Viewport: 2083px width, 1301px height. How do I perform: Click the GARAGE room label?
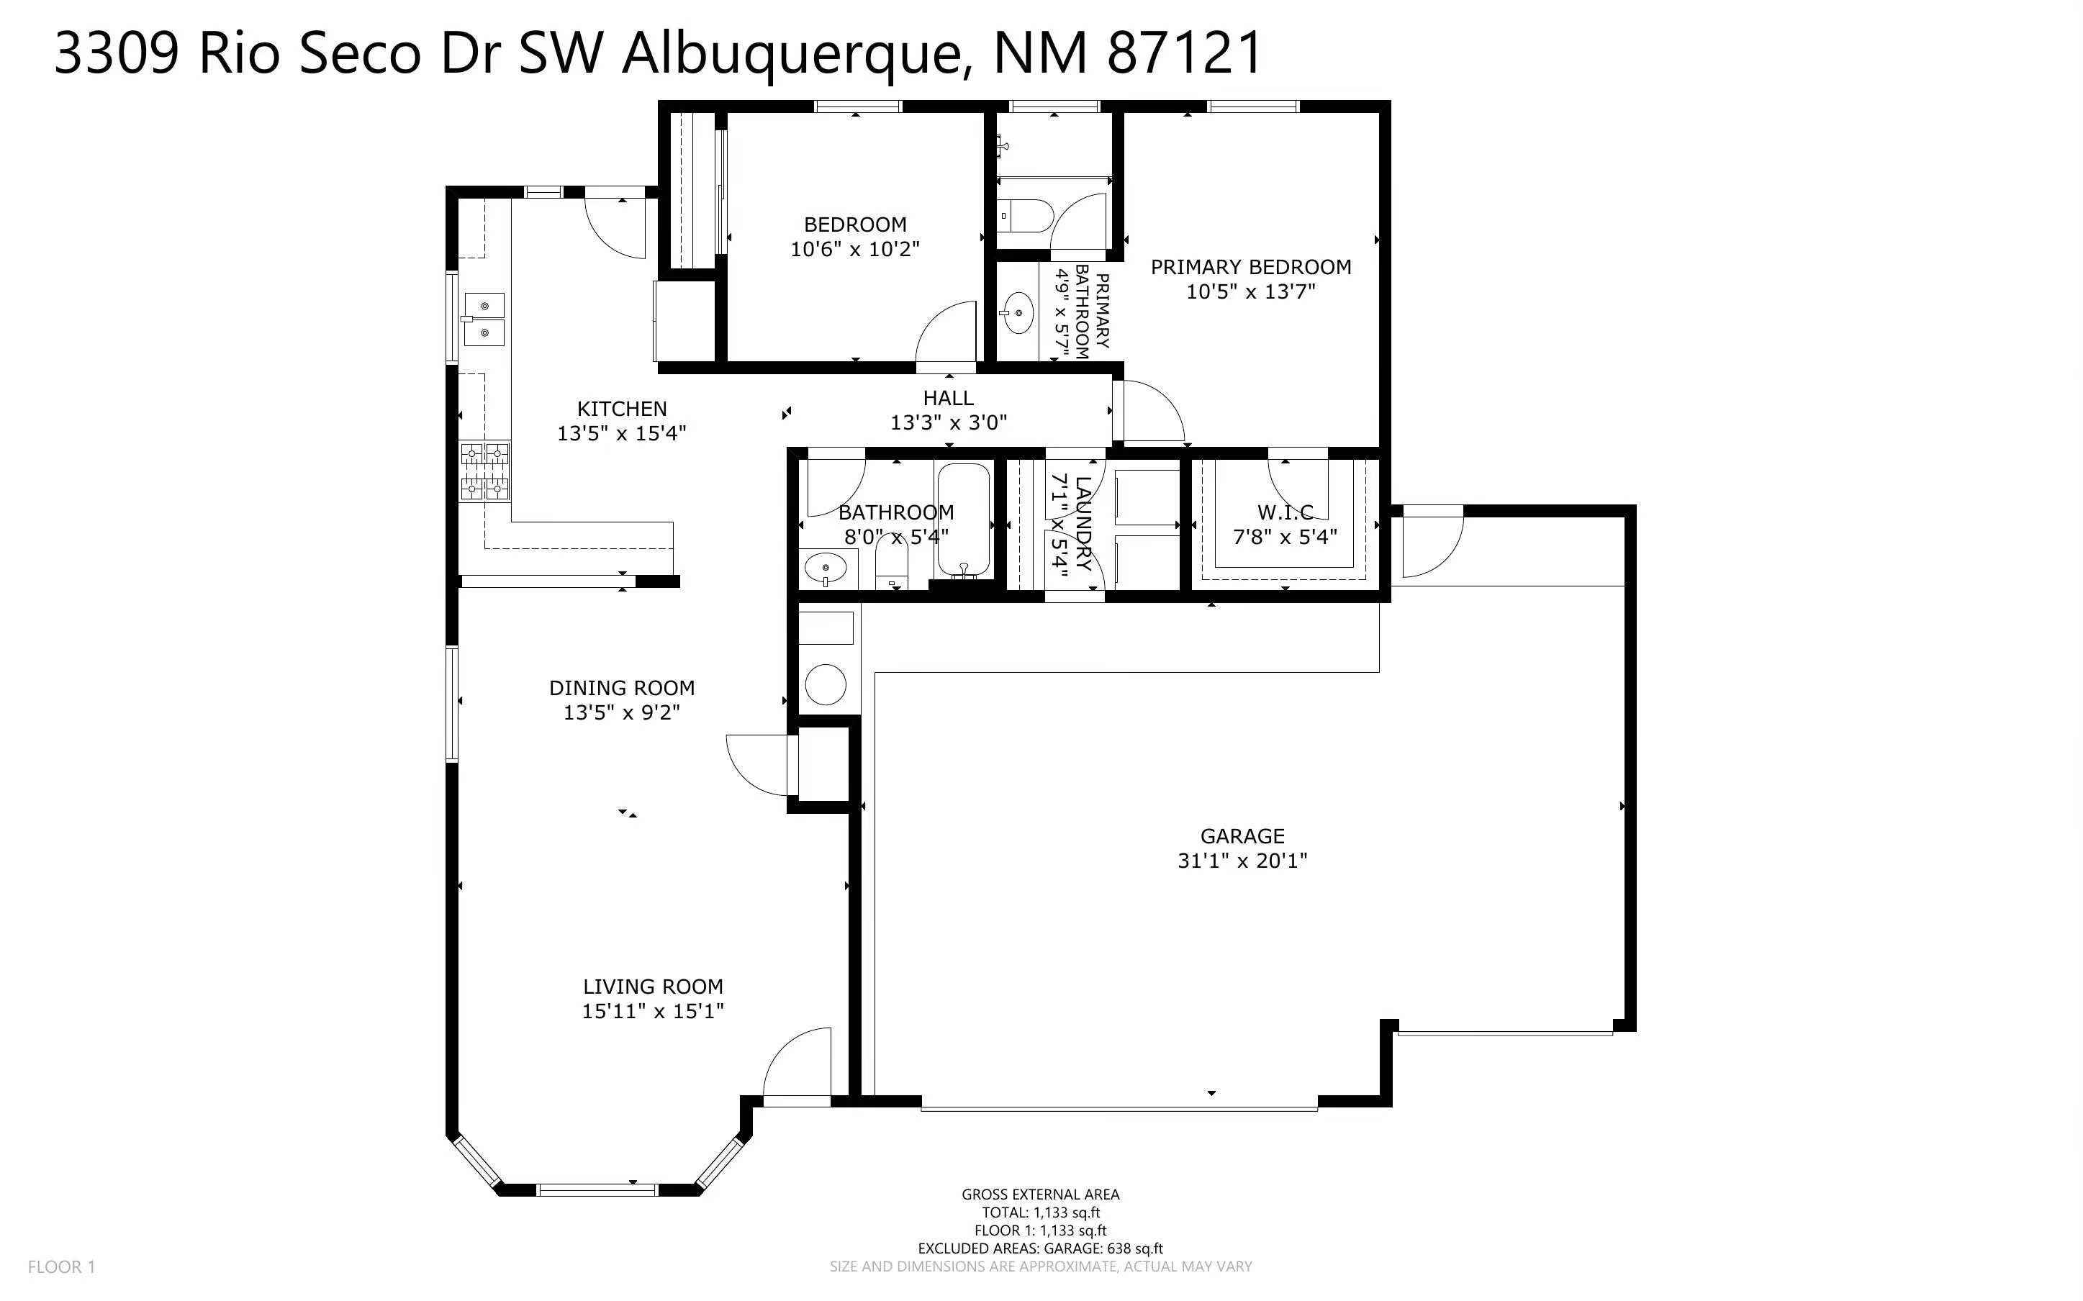pyautogui.click(x=1242, y=835)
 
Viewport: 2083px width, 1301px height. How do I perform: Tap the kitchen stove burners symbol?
pyautogui.click(x=484, y=471)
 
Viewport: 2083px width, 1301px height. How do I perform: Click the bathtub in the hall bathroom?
pyautogui.click(x=964, y=520)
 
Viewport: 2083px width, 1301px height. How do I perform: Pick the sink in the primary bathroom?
pyautogui.click(x=1018, y=312)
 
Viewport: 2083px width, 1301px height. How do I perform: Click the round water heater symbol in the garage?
pyautogui.click(x=825, y=685)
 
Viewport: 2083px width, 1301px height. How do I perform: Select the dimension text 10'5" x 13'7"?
pyautogui.click(x=1250, y=291)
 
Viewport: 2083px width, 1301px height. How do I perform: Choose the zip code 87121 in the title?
pyautogui.click(x=1184, y=53)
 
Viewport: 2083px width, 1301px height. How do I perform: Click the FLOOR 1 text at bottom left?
pyautogui.click(x=61, y=1266)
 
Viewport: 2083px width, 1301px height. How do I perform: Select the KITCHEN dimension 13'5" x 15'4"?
pyautogui.click(x=621, y=432)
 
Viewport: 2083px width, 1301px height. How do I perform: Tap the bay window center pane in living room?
pyautogui.click(x=597, y=1190)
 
